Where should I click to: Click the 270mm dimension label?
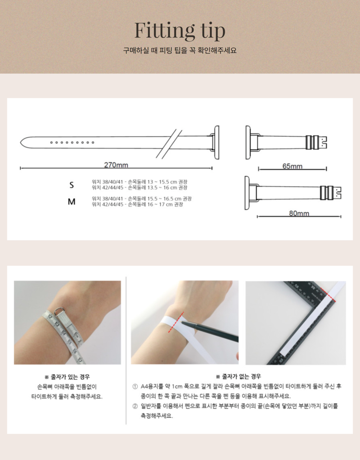(116, 165)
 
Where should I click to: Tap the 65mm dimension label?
(292, 166)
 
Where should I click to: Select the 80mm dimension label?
(299, 213)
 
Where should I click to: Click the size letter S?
(72, 185)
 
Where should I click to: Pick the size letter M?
(72, 202)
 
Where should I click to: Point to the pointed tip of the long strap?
(21, 142)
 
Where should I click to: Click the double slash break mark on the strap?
(169, 144)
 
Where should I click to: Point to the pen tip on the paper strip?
(181, 322)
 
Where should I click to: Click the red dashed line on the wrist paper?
(176, 322)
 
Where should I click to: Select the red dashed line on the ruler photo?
(328, 295)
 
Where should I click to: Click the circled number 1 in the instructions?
(135, 387)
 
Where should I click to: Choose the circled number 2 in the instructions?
(135, 406)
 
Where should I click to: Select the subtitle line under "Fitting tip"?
(180, 51)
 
